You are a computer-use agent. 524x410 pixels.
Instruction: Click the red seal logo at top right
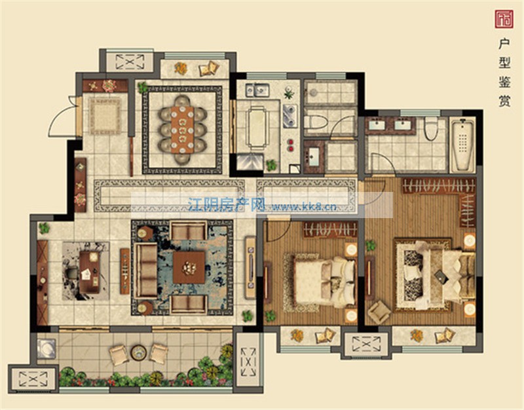504,19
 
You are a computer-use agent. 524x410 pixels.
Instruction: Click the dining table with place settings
182,130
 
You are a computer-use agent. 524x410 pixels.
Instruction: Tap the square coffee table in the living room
189,268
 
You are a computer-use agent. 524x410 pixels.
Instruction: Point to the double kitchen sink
257,90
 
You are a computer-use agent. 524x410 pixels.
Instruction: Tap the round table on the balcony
139,352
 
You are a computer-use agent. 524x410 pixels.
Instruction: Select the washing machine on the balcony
46,348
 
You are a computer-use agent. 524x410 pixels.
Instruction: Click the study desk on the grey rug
90,272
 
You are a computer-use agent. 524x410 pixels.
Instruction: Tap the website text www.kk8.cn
304,207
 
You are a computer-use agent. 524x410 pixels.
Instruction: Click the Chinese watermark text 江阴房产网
227,205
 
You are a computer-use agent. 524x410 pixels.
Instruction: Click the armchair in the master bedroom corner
379,312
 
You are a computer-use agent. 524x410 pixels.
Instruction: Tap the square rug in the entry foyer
105,116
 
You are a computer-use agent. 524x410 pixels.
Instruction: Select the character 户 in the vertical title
504,43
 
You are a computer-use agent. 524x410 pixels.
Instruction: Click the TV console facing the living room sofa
250,267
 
